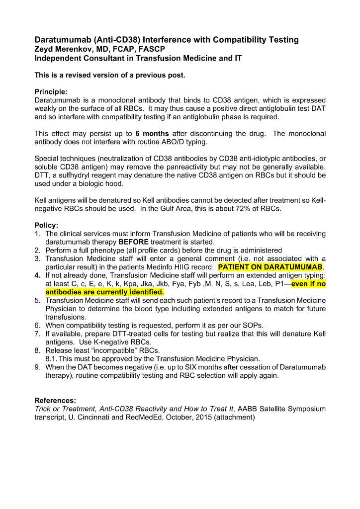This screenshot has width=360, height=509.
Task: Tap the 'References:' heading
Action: [x=55, y=400]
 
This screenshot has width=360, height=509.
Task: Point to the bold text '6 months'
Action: [x=152, y=134]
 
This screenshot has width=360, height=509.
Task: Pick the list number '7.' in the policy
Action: [x=38, y=334]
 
